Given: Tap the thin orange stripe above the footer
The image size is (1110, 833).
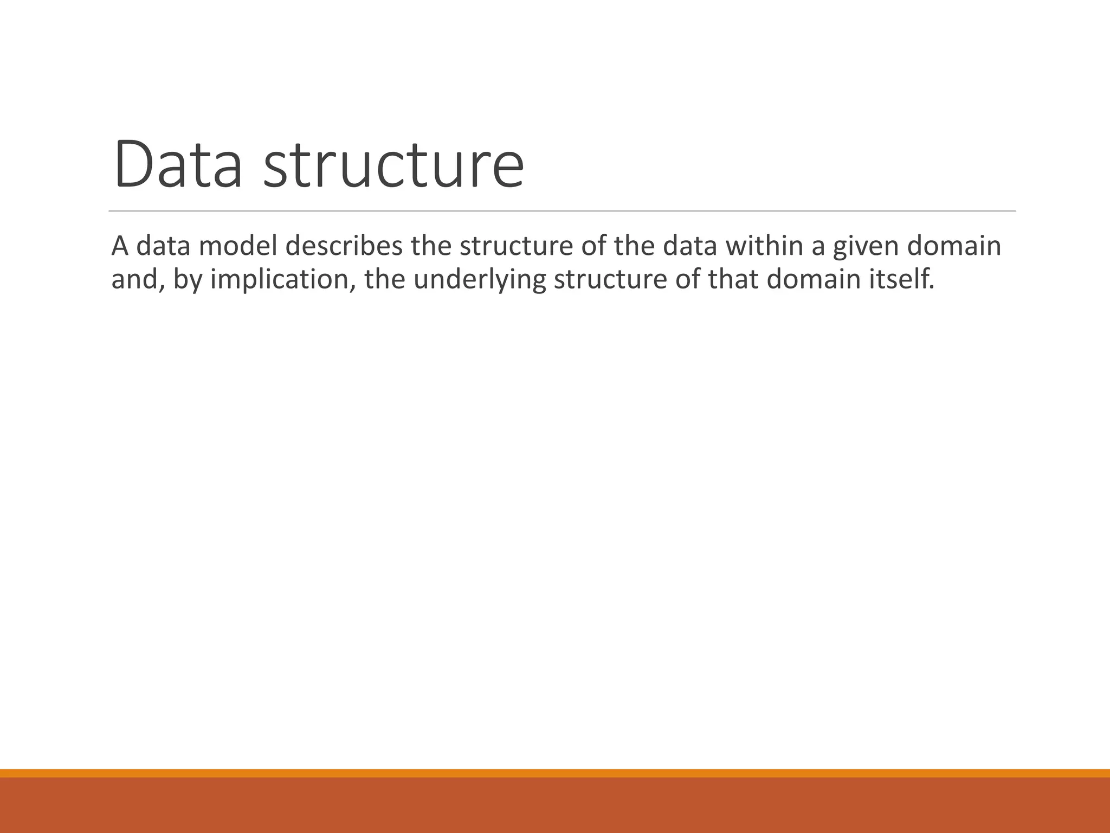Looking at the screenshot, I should (x=555, y=773).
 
